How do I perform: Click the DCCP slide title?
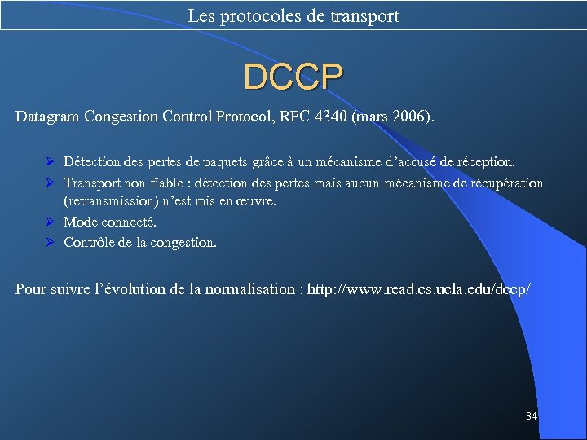[293, 77]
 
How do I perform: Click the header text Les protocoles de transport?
[293, 15]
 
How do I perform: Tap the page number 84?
[532, 416]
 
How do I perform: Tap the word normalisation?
[252, 288]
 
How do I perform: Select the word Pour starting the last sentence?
[30, 288]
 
